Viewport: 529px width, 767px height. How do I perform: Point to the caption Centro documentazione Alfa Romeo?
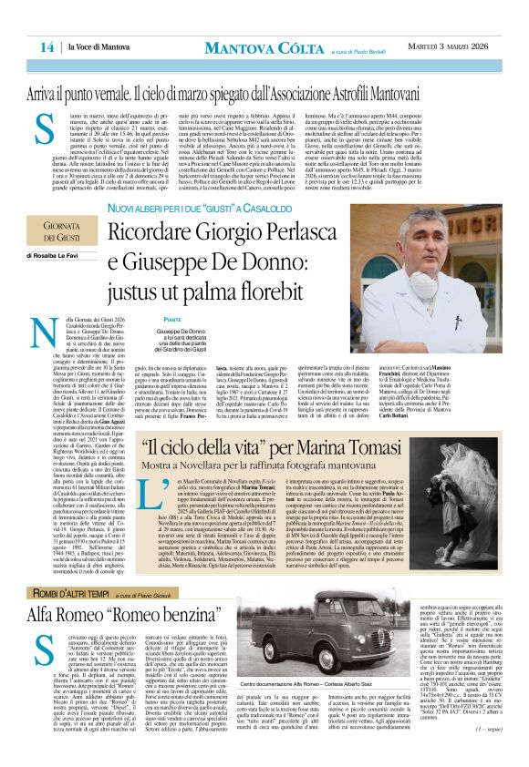click(x=300, y=731)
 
